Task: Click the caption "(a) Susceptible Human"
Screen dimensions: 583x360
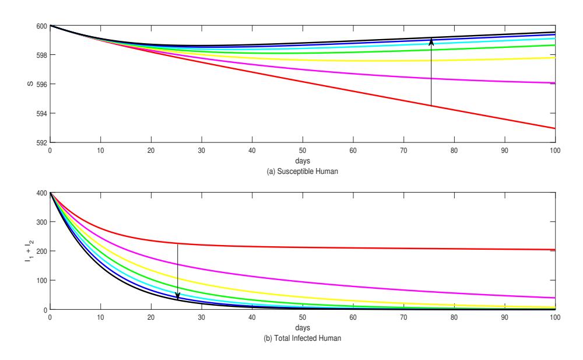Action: click(302, 172)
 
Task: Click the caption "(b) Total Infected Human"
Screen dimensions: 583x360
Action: click(302, 338)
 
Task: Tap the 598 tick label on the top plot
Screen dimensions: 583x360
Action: click(41, 55)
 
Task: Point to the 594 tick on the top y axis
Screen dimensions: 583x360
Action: click(41, 114)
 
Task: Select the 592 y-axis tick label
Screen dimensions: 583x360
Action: click(41, 142)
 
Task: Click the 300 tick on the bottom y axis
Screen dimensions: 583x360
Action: click(41, 222)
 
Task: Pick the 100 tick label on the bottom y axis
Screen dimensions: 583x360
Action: click(41, 280)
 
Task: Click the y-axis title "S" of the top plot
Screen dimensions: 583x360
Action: click(30, 84)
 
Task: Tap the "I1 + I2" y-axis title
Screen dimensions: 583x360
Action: click(29, 251)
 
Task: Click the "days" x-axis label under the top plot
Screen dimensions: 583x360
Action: click(302, 161)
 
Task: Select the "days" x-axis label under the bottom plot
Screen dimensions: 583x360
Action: click(302, 327)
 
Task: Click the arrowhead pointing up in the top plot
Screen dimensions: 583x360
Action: click(431, 41)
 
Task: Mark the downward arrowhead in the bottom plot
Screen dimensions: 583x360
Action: click(178, 296)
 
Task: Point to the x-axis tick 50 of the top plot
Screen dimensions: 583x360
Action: click(302, 151)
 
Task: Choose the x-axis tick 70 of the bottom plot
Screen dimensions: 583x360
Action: click(403, 317)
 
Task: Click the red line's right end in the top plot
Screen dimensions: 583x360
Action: click(555, 128)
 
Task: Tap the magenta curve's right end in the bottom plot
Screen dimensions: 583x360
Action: click(555, 298)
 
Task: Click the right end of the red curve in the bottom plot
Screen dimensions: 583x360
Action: click(555, 249)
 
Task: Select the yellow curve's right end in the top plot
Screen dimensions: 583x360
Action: click(555, 58)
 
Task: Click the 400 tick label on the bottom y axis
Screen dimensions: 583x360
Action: click(41, 193)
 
